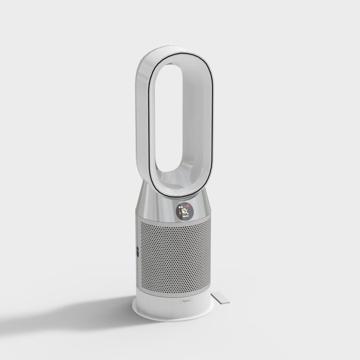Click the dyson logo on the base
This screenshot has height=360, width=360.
(x=186, y=300)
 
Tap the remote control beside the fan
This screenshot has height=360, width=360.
(x=221, y=297)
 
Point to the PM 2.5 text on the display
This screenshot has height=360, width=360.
(x=186, y=217)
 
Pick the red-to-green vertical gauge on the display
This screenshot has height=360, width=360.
(x=179, y=212)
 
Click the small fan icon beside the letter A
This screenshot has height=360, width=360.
(x=179, y=207)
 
